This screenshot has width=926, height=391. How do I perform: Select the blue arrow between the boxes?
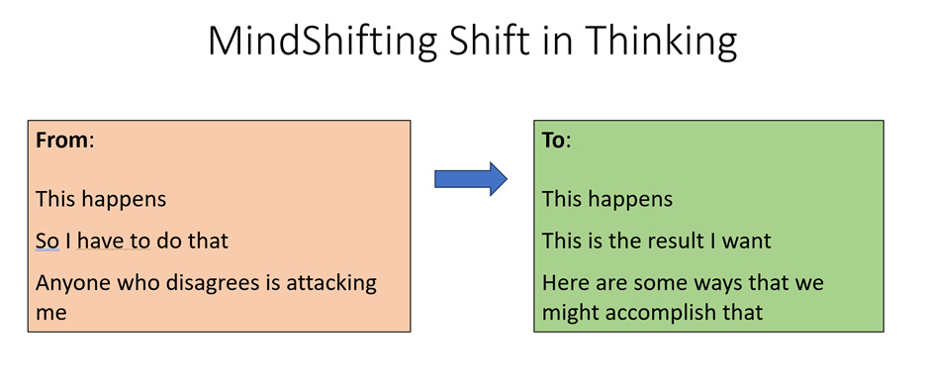pyautogui.click(x=470, y=179)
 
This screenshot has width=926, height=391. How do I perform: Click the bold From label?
pyautogui.click(x=62, y=140)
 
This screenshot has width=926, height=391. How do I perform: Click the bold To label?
pyautogui.click(x=554, y=140)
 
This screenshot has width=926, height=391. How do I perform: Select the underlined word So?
pyautogui.click(x=46, y=241)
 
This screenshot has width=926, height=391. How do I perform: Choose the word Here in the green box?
pyautogui.click(x=562, y=283)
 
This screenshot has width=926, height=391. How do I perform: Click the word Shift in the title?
pyautogui.click(x=499, y=42)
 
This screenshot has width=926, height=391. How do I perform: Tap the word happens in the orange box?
pyautogui.click(x=125, y=199)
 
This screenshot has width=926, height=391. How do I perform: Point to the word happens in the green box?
pyautogui.click(x=631, y=199)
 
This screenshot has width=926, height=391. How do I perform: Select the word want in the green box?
pyautogui.click(x=750, y=241)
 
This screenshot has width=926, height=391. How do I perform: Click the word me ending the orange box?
pyautogui.click(x=51, y=313)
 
